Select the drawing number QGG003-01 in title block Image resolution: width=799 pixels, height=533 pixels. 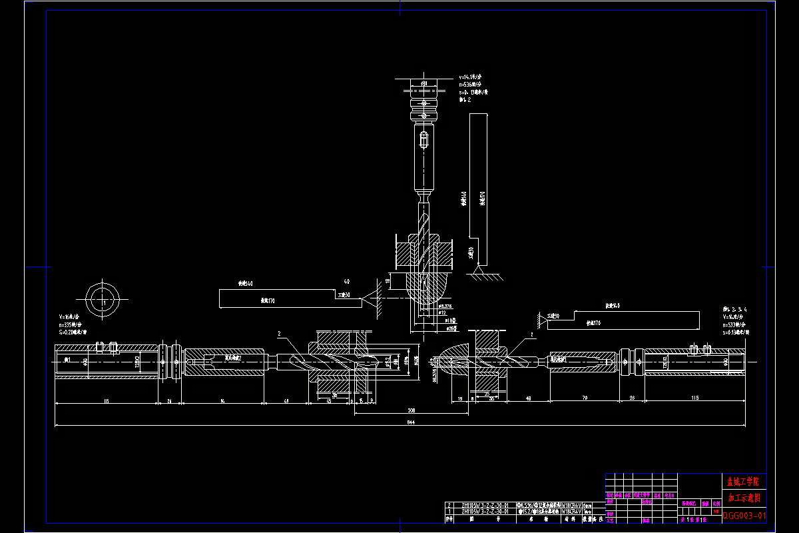pyautogui.click(x=744, y=515)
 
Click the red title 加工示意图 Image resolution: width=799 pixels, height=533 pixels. pyautogui.click(x=744, y=498)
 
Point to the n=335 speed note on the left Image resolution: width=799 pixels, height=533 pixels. pyautogui.click(x=73, y=324)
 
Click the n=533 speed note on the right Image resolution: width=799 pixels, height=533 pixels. pyautogui.click(x=736, y=324)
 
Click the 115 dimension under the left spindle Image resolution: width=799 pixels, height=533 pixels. pyautogui.click(x=106, y=401)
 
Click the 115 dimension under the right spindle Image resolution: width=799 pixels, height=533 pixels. pyautogui.click(x=695, y=398)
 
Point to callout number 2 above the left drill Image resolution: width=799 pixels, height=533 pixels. pyautogui.click(x=279, y=333)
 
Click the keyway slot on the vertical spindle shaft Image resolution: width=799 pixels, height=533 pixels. pyautogui.click(x=423, y=141)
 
